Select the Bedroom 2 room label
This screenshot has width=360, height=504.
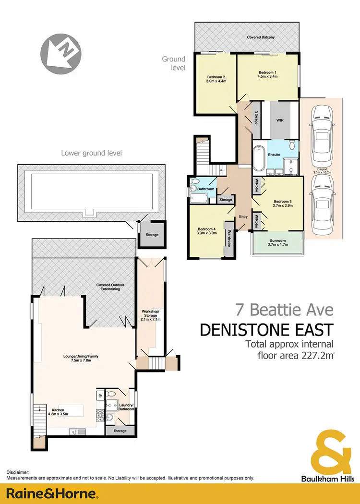click(216, 79)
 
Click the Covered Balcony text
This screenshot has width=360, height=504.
click(261, 37)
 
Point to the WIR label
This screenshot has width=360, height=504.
click(278, 121)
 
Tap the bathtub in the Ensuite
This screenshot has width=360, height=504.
click(259, 158)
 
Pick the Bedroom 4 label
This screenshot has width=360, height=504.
click(207, 231)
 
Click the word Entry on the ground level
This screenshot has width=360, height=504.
click(243, 217)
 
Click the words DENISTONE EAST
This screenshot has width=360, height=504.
click(266, 330)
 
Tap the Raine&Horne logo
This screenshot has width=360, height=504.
click(52, 493)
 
